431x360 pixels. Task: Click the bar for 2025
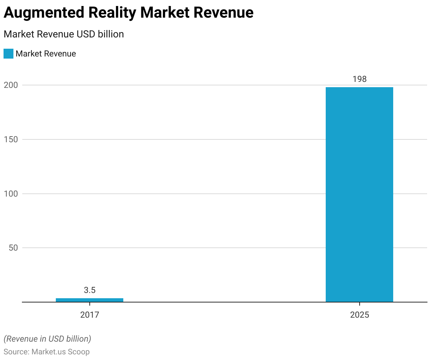click(359, 194)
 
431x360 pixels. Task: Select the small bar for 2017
click(89, 300)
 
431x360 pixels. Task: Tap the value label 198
click(360, 79)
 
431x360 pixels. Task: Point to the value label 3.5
click(90, 290)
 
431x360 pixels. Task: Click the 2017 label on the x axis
click(90, 314)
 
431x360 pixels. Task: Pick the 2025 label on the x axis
click(360, 314)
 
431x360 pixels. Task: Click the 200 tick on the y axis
click(11, 85)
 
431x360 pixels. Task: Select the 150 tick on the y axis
click(11, 139)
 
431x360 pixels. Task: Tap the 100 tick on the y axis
click(11, 194)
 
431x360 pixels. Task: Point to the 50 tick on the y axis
click(13, 248)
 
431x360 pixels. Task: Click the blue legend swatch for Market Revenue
click(8, 54)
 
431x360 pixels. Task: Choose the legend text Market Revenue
click(46, 54)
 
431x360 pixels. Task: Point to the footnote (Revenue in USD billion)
click(47, 339)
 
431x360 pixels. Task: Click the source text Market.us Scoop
click(60, 352)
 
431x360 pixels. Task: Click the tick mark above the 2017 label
click(90, 304)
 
